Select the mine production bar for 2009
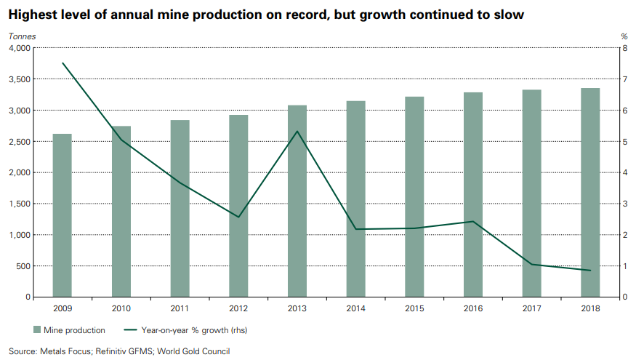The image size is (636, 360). (x=63, y=215)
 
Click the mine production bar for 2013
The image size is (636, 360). (x=297, y=201)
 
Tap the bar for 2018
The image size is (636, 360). (x=590, y=192)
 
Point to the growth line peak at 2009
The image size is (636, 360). (x=63, y=63)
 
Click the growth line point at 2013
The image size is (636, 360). (x=297, y=132)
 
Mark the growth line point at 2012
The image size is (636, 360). (x=238, y=217)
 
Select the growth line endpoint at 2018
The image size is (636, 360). (x=590, y=271)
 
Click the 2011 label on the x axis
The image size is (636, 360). (x=180, y=308)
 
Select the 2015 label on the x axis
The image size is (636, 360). (x=414, y=308)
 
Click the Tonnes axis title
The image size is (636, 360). (x=21, y=36)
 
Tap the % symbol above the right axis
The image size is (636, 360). (x=624, y=36)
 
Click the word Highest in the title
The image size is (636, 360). (x=35, y=13)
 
